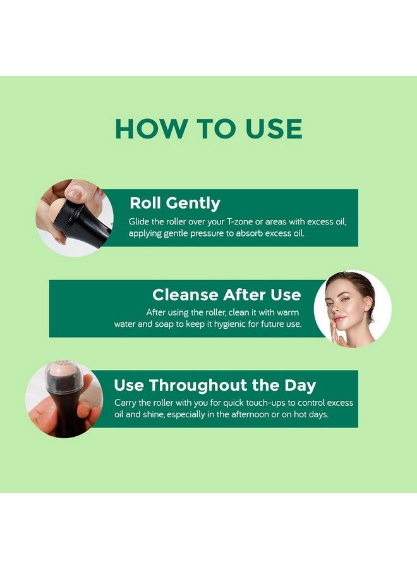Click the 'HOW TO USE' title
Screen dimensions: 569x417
tap(208, 129)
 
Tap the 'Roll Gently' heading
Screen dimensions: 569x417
tap(175, 203)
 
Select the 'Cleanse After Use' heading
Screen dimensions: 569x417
tap(227, 295)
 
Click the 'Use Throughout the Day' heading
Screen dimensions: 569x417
tap(215, 385)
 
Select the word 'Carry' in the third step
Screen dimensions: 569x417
tap(125, 403)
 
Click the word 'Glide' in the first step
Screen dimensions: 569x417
tap(139, 222)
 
